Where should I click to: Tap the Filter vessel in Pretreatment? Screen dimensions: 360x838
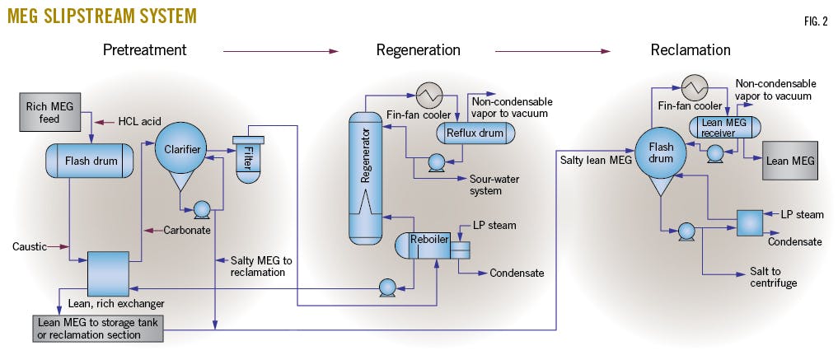click(x=246, y=158)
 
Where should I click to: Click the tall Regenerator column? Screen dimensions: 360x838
click(x=363, y=177)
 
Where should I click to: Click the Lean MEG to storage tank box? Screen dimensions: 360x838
click(x=96, y=327)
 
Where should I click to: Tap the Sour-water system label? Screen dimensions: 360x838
click(x=497, y=185)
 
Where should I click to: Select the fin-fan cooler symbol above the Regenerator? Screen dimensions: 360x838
click(x=429, y=93)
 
